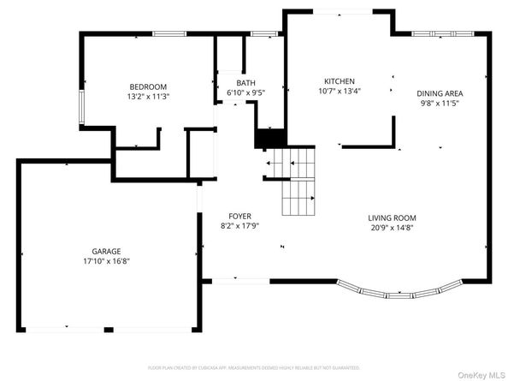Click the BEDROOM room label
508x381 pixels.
click(x=148, y=86)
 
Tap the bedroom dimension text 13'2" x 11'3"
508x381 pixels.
click(x=148, y=97)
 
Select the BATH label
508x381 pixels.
click(x=233, y=82)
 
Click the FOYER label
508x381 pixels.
click(x=239, y=216)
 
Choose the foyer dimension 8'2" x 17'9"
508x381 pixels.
click(x=239, y=226)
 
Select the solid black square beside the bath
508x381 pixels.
click(x=269, y=138)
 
